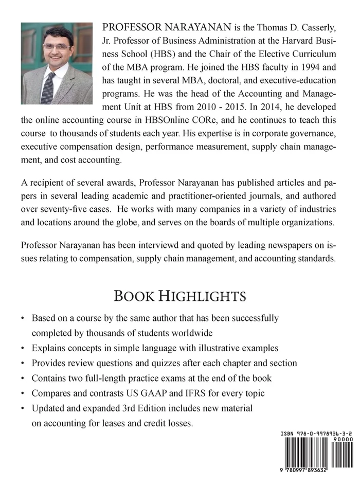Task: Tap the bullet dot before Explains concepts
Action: click(23, 348)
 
